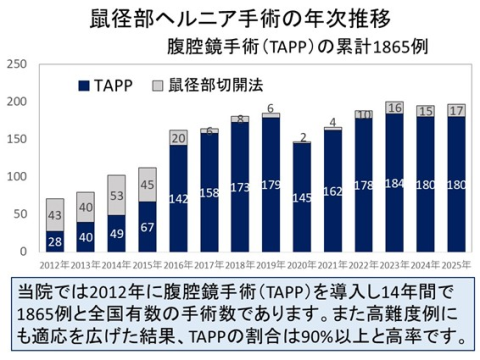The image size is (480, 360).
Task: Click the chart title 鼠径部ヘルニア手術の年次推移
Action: (x=239, y=18)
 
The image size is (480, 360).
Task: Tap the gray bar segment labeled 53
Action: (x=116, y=195)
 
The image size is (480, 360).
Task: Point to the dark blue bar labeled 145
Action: (x=301, y=198)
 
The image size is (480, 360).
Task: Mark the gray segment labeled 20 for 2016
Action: (x=178, y=138)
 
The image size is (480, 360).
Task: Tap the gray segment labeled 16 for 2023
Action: (x=394, y=108)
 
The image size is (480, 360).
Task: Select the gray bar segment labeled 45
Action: (x=147, y=183)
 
